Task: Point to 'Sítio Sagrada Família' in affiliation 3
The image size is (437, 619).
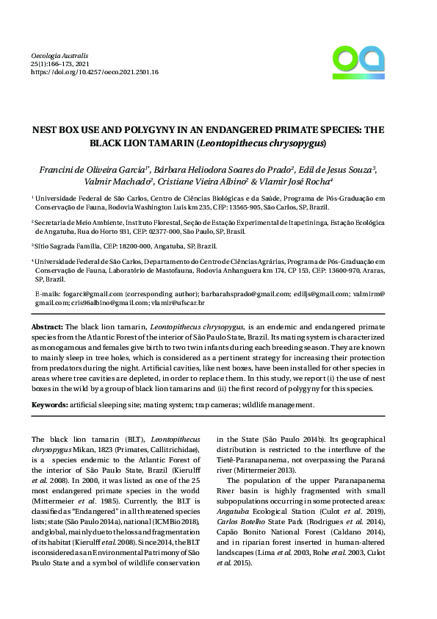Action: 68,246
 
